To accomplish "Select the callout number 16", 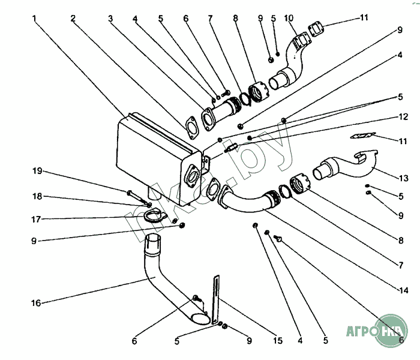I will click(x=36, y=303).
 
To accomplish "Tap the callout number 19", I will click(x=37, y=170).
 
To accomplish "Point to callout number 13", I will click(x=404, y=178).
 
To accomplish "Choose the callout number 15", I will click(x=277, y=341).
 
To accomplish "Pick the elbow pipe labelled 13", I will click(x=339, y=166).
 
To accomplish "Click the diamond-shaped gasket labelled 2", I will click(x=191, y=128).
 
